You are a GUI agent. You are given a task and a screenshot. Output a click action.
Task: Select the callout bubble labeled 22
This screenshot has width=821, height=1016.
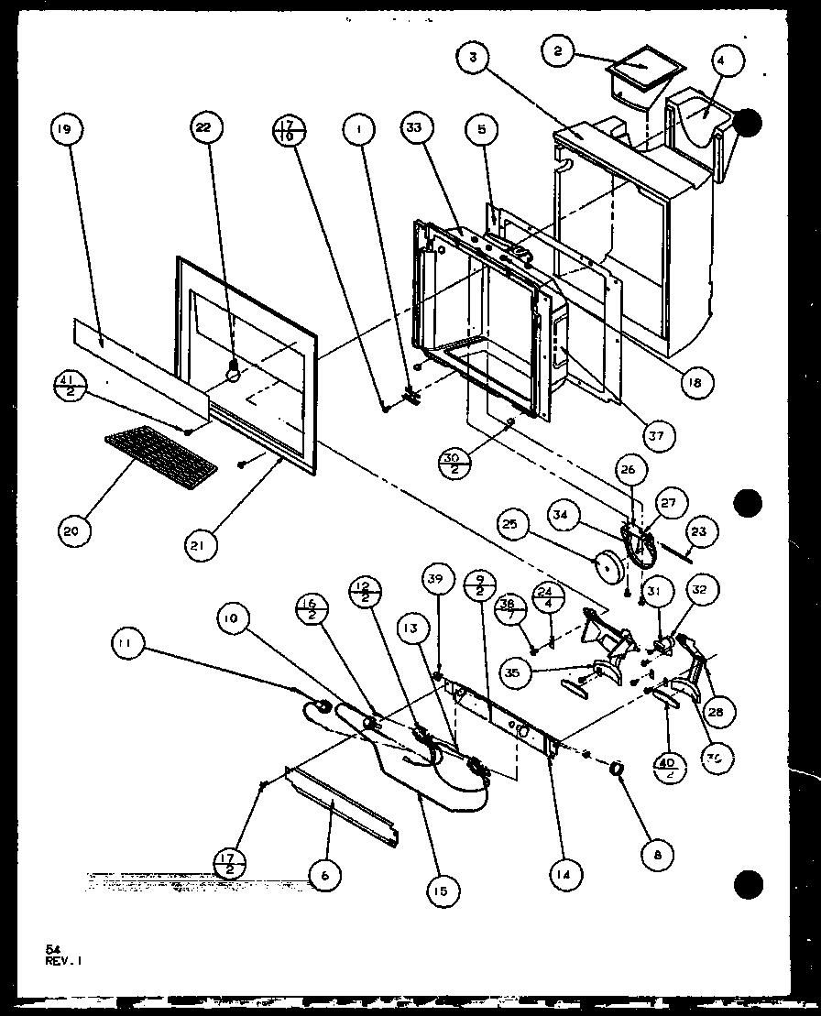point(203,128)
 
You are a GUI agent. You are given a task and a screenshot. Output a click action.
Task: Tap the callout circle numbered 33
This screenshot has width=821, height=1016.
point(416,128)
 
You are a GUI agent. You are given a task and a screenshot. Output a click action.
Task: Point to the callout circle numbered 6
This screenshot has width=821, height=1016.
point(323,876)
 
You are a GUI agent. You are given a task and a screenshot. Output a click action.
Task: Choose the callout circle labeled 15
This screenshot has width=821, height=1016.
point(443,889)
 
